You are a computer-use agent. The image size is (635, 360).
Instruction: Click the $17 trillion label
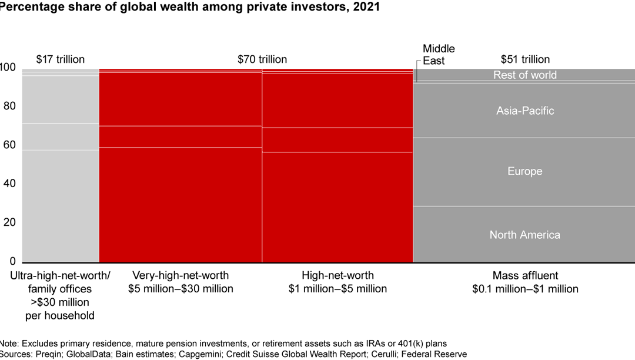(x=61, y=59)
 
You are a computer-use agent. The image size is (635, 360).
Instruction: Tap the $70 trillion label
(x=262, y=59)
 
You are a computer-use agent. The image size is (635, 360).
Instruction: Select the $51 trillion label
(x=525, y=59)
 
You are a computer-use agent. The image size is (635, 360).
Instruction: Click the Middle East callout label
(x=439, y=55)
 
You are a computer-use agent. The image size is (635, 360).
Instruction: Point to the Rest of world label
(x=524, y=75)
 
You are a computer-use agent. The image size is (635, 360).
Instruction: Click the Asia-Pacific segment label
(x=525, y=111)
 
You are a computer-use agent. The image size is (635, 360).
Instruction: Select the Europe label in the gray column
(x=525, y=171)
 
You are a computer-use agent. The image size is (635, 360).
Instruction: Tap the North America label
(x=525, y=235)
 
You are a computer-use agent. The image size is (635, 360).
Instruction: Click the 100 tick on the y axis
(x=8, y=68)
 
